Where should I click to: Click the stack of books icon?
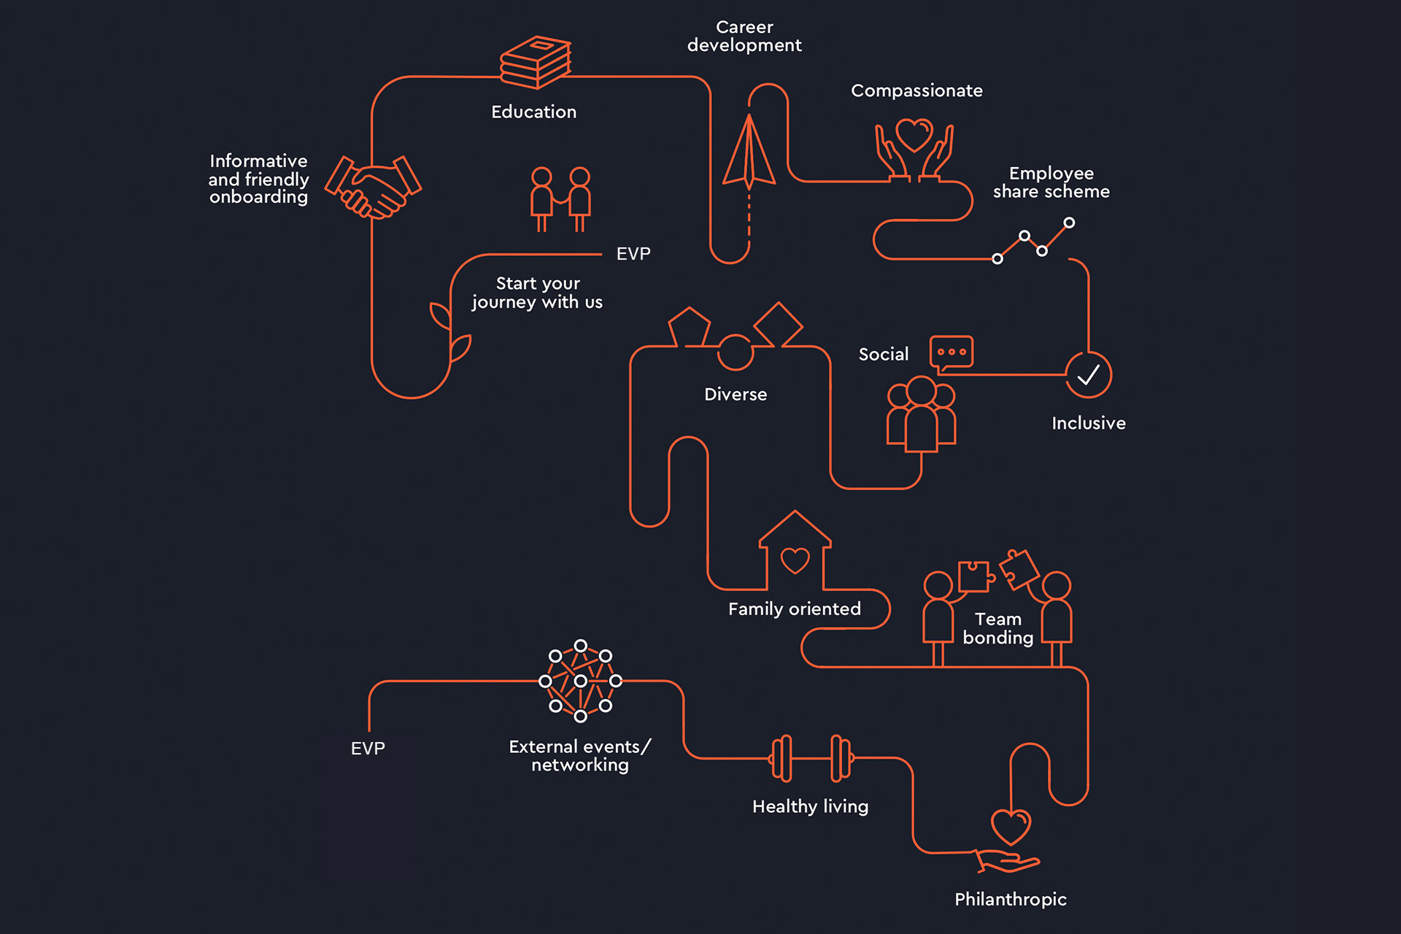tap(536, 63)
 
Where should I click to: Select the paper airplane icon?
tap(749, 155)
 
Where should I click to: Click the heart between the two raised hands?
tap(914, 135)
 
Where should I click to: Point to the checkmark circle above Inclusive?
tap(1088, 375)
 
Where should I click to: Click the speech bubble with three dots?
tap(952, 352)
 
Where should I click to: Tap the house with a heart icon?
tap(795, 553)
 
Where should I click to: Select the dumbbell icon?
tap(811, 758)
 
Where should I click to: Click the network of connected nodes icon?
tap(581, 681)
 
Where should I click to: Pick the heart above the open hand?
tap(1011, 826)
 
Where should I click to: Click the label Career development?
tap(744, 36)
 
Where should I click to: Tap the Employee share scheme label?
tap(1051, 182)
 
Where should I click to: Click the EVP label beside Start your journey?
tap(633, 254)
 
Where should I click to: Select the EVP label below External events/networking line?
tap(368, 749)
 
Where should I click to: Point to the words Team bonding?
tap(997, 628)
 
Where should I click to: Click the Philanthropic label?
tap(1010, 899)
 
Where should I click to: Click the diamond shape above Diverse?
tap(778, 324)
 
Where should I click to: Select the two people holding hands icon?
tap(560, 199)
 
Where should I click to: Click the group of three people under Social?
tap(921, 414)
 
